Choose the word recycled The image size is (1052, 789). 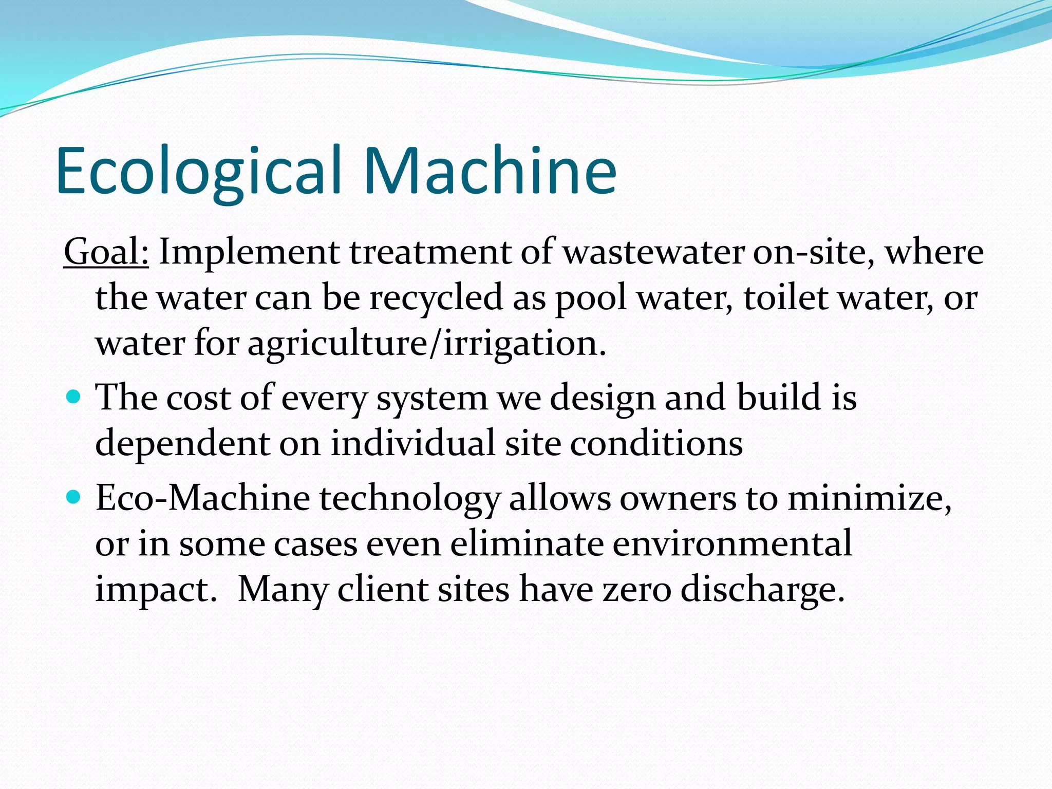click(x=436, y=298)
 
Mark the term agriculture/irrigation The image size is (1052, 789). click(x=427, y=343)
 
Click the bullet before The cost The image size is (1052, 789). click(x=74, y=397)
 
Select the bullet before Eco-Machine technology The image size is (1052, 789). click(x=74, y=497)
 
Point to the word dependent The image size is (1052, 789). click(x=182, y=443)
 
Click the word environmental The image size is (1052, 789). click(x=732, y=543)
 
